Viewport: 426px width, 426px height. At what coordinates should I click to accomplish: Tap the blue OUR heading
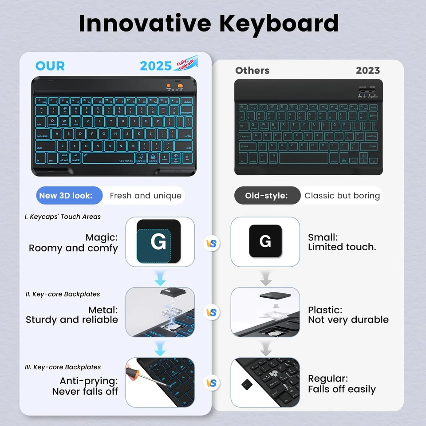pos(50,66)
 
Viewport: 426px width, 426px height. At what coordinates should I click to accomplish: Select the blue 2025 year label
pos(155,66)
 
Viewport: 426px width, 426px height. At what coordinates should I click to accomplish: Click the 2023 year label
pos(367,71)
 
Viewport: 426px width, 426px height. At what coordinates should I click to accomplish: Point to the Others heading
pos(252,71)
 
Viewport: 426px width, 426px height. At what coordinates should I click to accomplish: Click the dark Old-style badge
pos(267,196)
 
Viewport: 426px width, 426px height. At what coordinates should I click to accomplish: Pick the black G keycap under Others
pos(265,241)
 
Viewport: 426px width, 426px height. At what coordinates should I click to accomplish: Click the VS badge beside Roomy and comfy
pos(213,244)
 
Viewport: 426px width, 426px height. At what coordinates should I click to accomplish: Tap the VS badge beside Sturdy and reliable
pos(213,312)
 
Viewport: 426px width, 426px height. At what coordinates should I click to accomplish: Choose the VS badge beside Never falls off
pos(213,383)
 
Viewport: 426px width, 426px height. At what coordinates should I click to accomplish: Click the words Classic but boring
pos(342,196)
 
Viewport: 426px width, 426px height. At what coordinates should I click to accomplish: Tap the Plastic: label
pos(325,310)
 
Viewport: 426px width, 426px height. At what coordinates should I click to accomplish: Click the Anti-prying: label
pos(89,381)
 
